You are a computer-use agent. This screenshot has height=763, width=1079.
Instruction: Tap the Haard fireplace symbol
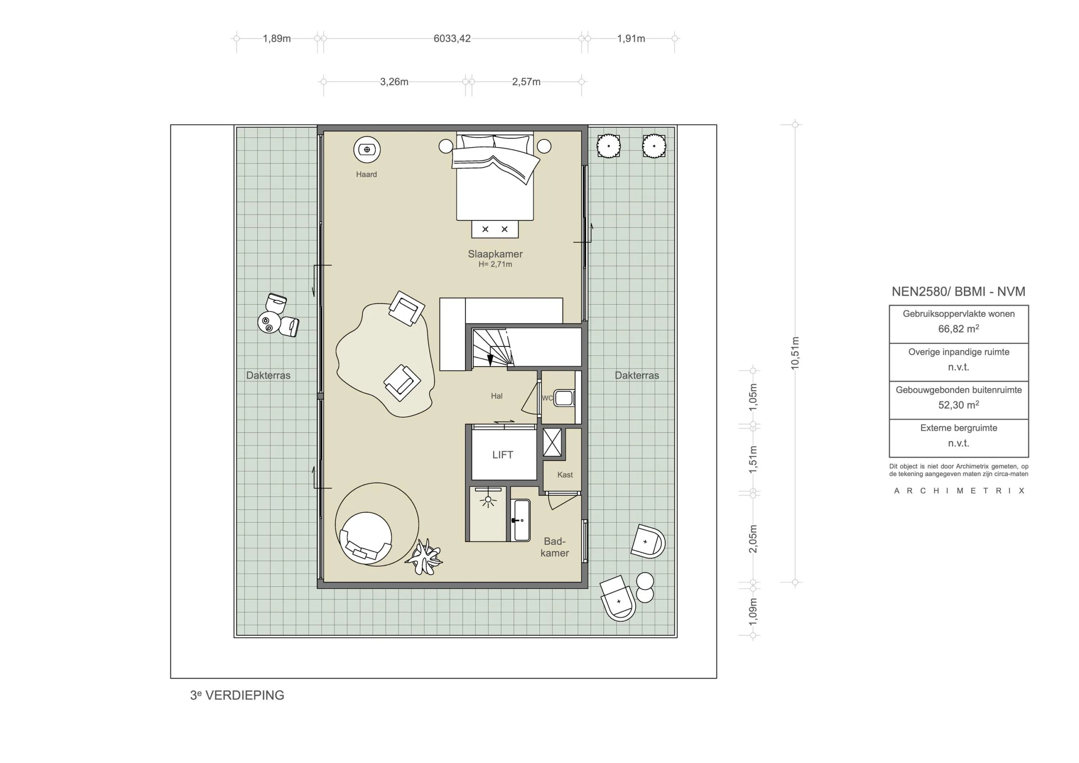[x=367, y=150]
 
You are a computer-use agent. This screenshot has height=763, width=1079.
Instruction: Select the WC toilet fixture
[x=564, y=398]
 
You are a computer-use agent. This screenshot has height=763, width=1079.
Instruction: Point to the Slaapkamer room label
[x=495, y=254]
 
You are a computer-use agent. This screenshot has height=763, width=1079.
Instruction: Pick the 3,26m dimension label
[x=394, y=82]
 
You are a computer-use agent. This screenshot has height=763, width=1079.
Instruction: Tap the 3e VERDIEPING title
[x=237, y=695]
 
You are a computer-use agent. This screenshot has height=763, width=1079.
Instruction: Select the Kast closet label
[x=564, y=475]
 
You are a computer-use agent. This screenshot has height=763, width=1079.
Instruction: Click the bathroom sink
[x=521, y=521]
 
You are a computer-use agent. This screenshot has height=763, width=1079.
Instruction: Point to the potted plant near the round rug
[x=424, y=557]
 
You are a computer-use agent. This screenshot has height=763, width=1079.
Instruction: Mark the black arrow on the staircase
[x=490, y=359]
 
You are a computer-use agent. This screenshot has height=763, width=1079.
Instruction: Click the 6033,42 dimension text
[x=451, y=38]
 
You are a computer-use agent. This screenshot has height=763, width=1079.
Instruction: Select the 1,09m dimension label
[x=753, y=611]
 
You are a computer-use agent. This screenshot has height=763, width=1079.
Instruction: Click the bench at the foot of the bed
[x=495, y=229]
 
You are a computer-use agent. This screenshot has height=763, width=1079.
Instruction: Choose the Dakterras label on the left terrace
[x=268, y=375]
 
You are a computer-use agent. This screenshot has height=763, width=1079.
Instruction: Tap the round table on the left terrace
[x=269, y=322]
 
